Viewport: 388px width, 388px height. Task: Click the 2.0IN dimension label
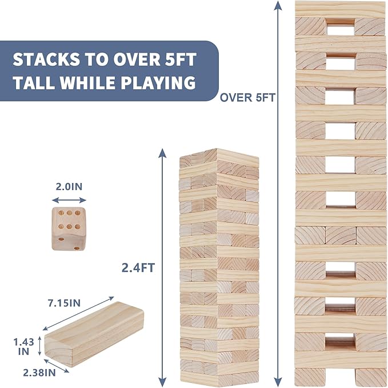click(x=69, y=187)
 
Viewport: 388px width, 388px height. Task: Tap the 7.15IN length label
click(x=65, y=303)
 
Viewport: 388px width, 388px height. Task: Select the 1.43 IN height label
click(x=24, y=347)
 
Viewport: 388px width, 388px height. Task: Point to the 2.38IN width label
click(x=39, y=373)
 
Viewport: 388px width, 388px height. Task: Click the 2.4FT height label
click(x=138, y=268)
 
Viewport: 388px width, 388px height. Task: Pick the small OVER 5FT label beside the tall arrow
click(x=247, y=98)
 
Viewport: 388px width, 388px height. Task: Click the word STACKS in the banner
click(x=46, y=60)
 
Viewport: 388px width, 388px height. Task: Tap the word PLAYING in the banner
click(x=158, y=82)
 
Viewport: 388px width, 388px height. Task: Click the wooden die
click(x=69, y=229)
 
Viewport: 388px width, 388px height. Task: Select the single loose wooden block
click(x=94, y=334)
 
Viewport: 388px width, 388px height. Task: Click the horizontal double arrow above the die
click(x=69, y=200)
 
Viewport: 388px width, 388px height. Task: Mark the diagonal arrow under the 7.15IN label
click(x=78, y=314)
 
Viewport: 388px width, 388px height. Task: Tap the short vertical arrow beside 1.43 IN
click(x=39, y=346)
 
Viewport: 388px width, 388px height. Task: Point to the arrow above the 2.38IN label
click(x=57, y=366)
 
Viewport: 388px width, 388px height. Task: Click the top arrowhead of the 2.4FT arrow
click(x=162, y=153)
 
